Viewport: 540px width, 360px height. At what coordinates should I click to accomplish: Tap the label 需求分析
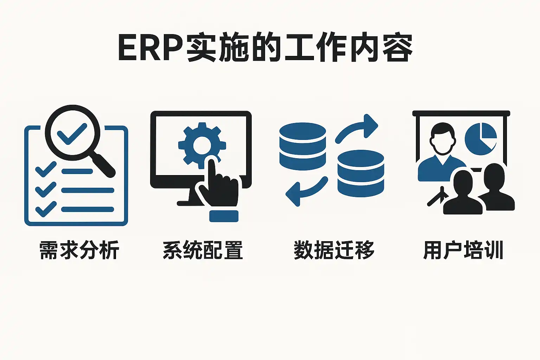(x=79, y=250)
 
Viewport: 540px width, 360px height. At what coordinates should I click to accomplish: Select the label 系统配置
(x=203, y=250)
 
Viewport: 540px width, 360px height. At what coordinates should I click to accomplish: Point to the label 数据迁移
(x=334, y=250)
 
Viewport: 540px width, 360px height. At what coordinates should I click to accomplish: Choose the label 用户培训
(x=463, y=250)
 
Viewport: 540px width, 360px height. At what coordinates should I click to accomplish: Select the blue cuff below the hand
(x=224, y=216)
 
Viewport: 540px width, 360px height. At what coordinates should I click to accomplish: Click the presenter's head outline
(x=442, y=139)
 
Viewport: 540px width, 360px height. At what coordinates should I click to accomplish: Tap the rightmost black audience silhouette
(x=496, y=190)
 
